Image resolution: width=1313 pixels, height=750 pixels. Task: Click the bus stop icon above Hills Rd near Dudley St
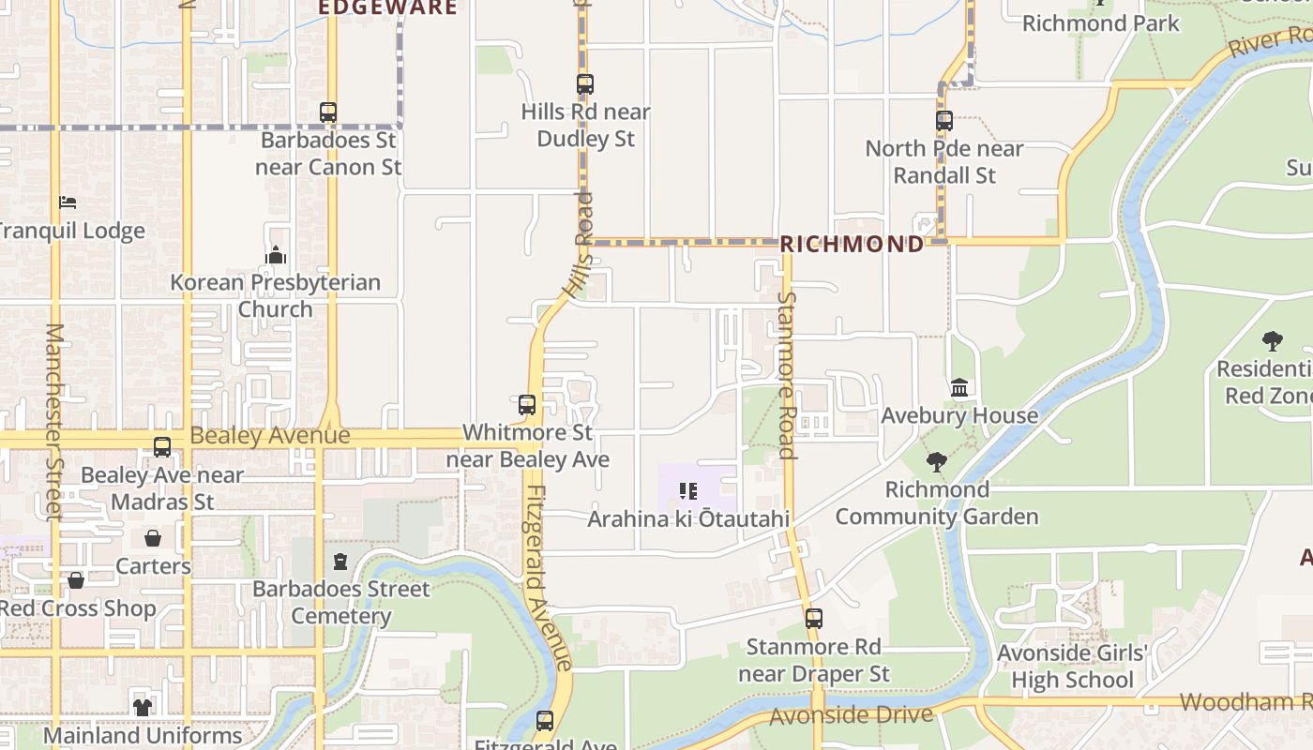point(585,84)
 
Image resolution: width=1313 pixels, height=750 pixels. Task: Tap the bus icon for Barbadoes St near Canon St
point(328,112)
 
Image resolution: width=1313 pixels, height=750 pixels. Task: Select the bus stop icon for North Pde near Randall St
point(944,121)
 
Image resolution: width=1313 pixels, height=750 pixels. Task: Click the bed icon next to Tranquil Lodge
point(68,202)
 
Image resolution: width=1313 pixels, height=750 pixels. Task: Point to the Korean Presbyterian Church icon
point(276,255)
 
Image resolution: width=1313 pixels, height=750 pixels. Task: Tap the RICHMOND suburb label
point(852,245)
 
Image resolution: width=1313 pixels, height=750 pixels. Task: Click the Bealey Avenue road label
point(270,436)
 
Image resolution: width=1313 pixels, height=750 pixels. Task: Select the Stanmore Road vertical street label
point(787,375)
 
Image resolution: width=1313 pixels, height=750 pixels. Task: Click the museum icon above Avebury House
point(959,387)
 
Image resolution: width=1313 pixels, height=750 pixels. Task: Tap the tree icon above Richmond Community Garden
point(936,461)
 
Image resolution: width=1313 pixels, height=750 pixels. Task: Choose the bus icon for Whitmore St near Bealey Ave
point(527,405)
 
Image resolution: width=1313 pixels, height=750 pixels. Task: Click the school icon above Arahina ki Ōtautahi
point(688,491)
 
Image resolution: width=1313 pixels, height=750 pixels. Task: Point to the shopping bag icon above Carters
point(153,538)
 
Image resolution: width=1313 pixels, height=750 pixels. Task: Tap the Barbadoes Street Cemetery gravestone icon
point(340,562)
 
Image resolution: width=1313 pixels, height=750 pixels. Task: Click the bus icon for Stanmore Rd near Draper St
point(814,619)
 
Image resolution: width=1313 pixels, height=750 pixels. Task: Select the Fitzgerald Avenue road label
point(548,577)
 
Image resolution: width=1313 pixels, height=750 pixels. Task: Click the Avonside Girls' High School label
point(1072,667)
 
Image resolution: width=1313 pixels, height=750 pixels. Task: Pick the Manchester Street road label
point(54,422)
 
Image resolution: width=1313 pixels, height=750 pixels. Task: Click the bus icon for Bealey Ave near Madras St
point(162,447)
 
